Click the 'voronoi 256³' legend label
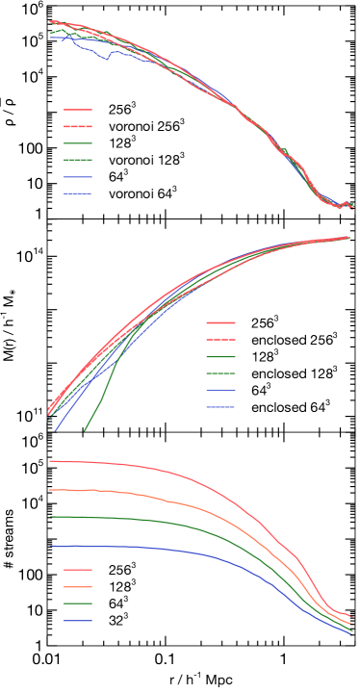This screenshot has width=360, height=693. click(145, 126)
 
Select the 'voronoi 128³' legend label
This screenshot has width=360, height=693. click(145, 161)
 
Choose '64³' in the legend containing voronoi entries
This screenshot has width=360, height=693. click(119, 178)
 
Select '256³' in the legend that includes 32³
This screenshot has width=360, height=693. click(122, 570)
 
